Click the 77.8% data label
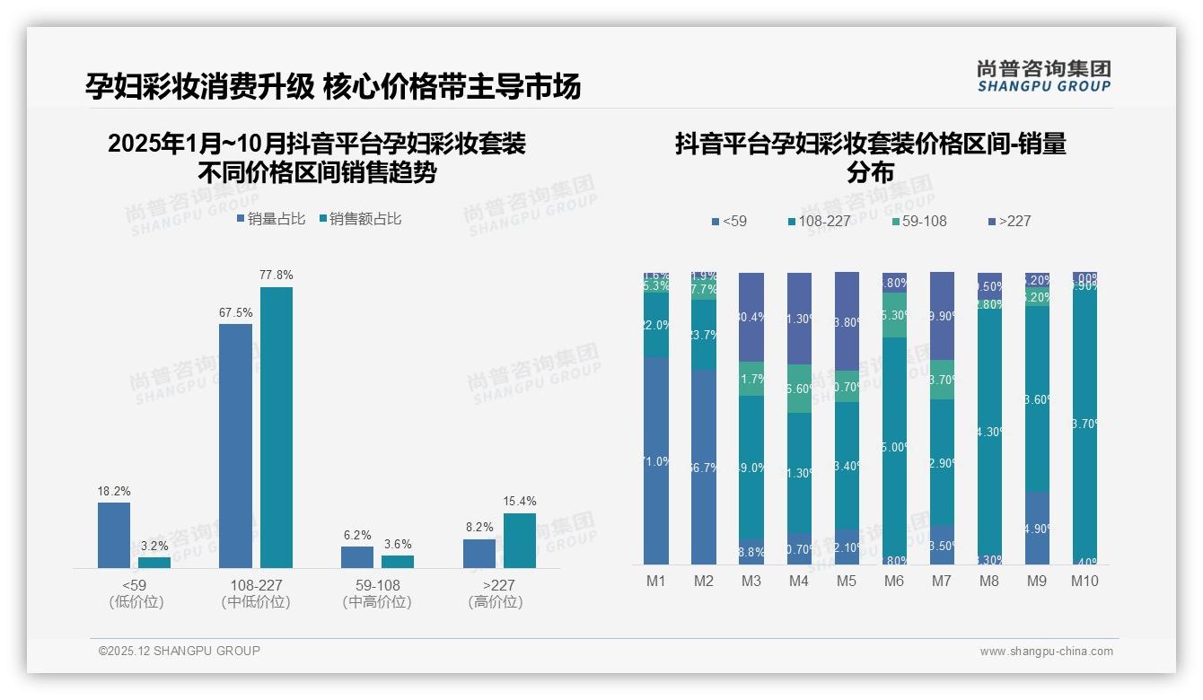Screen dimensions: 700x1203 coord(277,275)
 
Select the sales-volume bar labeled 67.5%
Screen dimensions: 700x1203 coord(235,445)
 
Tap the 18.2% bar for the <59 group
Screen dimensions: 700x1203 coord(114,535)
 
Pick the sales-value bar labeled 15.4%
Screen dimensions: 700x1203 coord(519,540)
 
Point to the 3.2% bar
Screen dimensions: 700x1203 coord(154,563)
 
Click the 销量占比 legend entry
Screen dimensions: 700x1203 coord(271,218)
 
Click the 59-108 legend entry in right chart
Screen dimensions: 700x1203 coord(918,221)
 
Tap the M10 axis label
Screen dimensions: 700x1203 coord(1084,581)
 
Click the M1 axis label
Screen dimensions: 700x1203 coord(656,581)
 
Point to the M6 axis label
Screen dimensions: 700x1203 coord(894,581)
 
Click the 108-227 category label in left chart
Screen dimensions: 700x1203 coord(255,585)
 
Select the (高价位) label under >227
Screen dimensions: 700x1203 coord(495,602)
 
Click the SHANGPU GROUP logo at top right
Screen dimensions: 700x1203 coord(1043,76)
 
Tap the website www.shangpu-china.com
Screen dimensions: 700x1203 coord(1046,652)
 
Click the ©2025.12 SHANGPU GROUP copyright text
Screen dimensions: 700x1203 coord(180,651)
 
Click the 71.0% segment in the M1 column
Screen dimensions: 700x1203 coord(656,460)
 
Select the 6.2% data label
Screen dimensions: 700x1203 coord(356,535)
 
